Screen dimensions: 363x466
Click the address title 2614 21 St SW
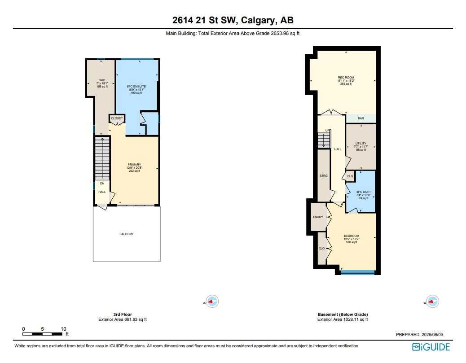(233, 20)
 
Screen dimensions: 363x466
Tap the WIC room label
(102, 80)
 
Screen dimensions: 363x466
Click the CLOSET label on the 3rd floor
(117, 118)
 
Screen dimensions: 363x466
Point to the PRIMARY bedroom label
(134, 165)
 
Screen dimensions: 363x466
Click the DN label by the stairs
(102, 184)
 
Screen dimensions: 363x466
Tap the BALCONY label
(126, 234)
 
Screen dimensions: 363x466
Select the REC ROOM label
(346, 78)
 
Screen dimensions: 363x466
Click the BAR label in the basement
(360, 118)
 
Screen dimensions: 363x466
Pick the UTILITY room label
(360, 144)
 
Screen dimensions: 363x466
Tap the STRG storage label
(323, 175)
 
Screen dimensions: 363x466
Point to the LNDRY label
(318, 217)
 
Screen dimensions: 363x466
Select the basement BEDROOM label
(352, 236)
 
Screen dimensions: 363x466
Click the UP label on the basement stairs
(327, 131)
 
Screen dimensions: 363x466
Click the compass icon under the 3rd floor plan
(212, 301)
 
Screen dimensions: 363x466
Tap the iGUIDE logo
(431, 347)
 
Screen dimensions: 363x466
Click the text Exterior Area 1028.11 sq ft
(343, 319)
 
